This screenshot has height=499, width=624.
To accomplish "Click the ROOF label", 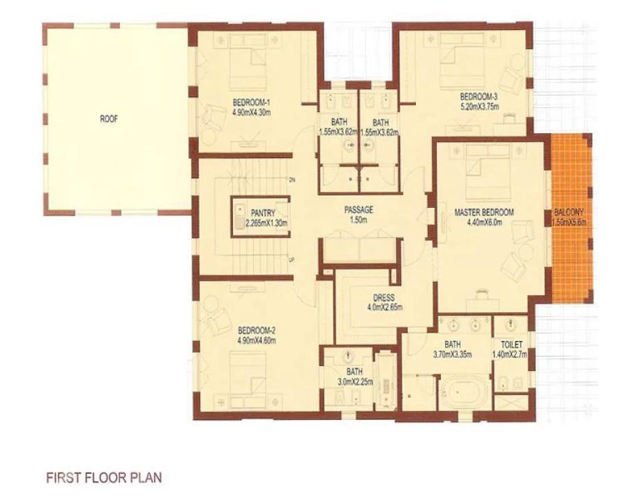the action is (x=109, y=119).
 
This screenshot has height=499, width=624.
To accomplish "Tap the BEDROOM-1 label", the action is (x=251, y=103).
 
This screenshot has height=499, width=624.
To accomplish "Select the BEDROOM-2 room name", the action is (x=257, y=331).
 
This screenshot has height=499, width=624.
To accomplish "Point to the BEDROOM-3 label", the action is (x=479, y=97).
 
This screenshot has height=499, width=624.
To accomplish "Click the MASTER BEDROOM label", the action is (x=484, y=212).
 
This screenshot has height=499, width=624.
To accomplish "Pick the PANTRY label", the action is (x=263, y=213).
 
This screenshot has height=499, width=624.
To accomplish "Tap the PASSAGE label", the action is (x=358, y=210).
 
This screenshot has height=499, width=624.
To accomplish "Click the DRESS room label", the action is (x=384, y=297).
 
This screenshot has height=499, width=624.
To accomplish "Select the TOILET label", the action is (x=512, y=344).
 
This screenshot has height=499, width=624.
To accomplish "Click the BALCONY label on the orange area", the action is (x=570, y=213).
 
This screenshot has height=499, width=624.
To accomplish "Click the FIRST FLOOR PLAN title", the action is (x=104, y=478).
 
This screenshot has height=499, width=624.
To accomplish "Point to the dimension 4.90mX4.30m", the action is (x=252, y=112).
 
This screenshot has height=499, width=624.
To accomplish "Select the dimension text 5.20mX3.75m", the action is (x=480, y=106).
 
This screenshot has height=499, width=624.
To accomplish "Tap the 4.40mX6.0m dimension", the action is (x=485, y=222).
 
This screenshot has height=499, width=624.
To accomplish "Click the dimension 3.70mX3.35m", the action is (x=453, y=353).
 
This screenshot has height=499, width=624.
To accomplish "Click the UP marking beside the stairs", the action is (x=292, y=260).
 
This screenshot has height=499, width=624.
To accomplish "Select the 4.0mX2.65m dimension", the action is (x=384, y=307).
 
